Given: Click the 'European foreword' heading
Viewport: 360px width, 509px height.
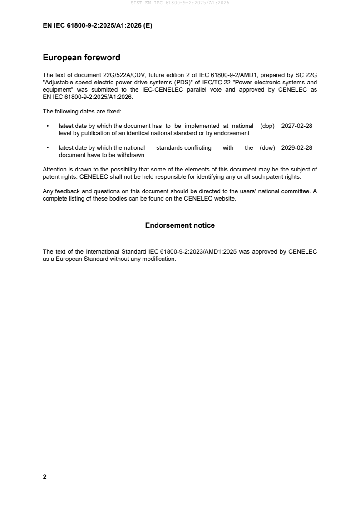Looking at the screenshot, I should click(81, 58).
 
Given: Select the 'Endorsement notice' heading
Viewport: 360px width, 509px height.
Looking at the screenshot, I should click(180, 225).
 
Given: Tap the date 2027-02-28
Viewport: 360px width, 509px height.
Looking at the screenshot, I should click(296, 126).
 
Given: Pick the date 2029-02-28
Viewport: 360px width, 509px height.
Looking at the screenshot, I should click(296, 148).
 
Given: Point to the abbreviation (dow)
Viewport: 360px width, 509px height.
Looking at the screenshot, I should click(267, 148).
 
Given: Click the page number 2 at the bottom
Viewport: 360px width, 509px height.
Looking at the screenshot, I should click(44, 477).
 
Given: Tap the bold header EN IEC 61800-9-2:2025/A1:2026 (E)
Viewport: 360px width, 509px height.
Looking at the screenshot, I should click(97, 26).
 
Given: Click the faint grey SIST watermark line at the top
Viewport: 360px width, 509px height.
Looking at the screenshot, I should click(180, 3).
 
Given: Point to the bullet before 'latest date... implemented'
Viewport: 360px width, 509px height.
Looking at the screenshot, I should click(48, 126).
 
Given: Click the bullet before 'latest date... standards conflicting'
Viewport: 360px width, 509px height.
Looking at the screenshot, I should click(48, 148).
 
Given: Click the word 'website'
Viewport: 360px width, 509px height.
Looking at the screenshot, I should click(225, 198).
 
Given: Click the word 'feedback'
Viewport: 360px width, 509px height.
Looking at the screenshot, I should click(64, 191).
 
